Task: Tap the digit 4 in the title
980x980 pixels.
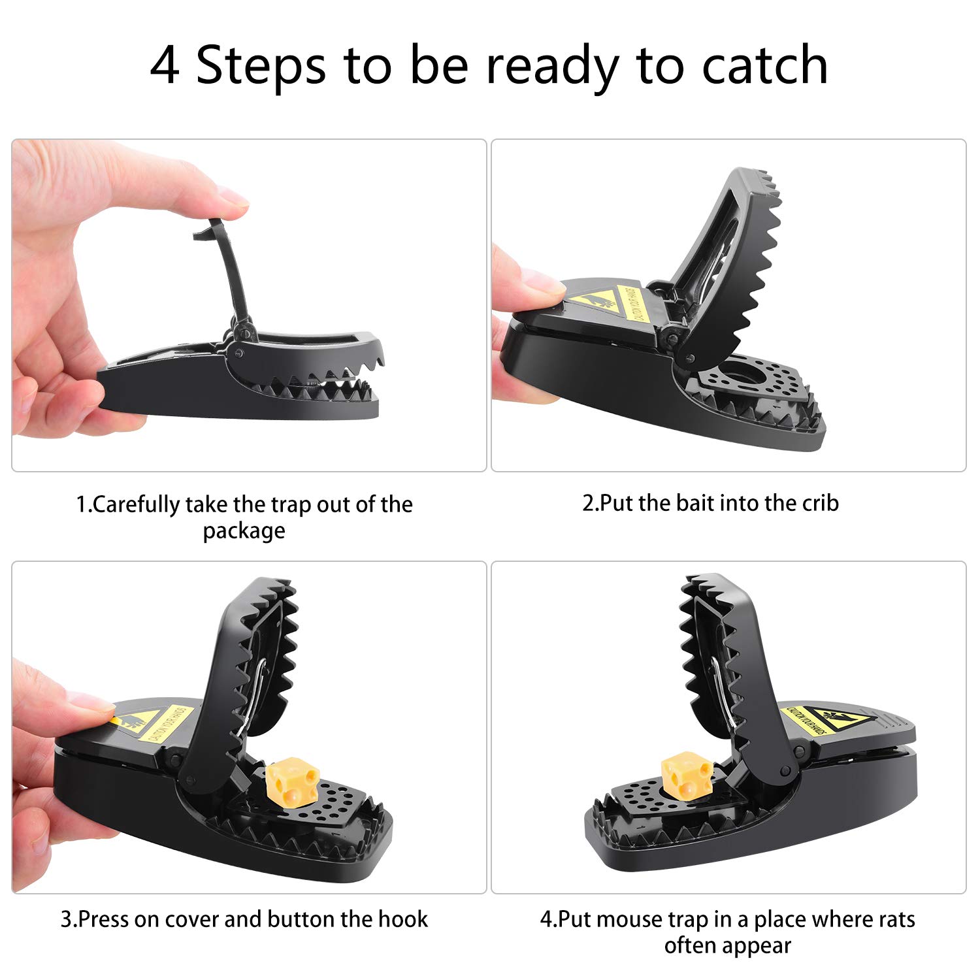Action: (x=165, y=65)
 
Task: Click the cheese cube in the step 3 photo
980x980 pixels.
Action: (x=293, y=781)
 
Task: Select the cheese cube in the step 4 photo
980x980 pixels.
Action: (x=687, y=776)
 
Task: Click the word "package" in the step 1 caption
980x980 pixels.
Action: (x=244, y=531)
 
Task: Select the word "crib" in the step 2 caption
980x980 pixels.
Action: (x=818, y=503)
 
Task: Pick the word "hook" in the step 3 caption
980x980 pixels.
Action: (x=403, y=919)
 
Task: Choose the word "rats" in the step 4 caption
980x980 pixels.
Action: (x=897, y=919)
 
